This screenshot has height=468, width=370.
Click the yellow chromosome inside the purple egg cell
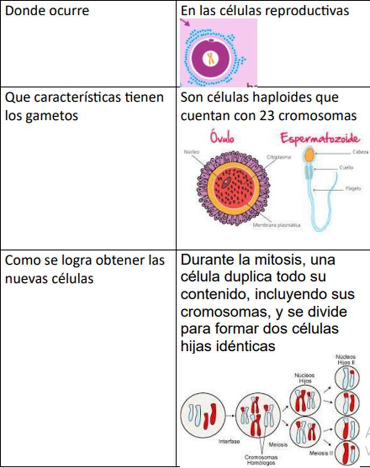tap(211, 58)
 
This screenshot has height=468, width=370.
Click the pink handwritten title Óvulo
tap(223, 138)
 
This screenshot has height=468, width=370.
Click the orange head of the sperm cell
tap(309, 156)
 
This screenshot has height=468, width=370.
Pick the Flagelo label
tap(353, 189)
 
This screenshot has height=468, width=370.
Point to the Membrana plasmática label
tap(276, 225)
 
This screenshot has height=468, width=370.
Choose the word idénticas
tap(246, 347)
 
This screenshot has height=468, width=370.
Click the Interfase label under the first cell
tap(229, 442)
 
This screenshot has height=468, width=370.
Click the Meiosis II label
tap(321, 453)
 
